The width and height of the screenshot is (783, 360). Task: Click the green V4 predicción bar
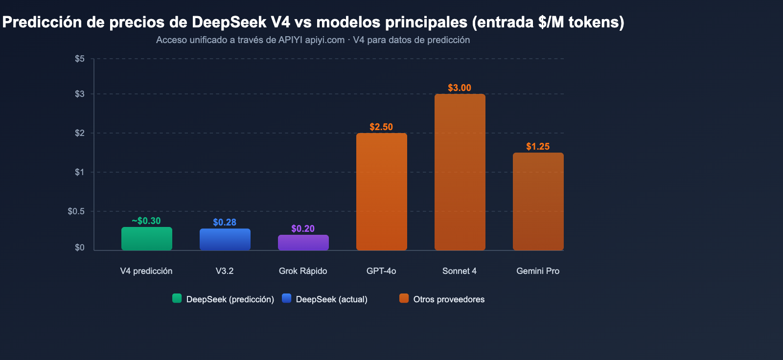(146, 239)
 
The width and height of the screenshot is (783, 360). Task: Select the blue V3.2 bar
(225, 240)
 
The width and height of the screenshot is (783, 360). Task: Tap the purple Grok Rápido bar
(303, 243)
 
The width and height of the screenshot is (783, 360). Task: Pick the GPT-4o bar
(381, 192)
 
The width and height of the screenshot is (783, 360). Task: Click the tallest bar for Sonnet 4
(460, 172)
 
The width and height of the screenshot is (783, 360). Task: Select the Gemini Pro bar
(538, 202)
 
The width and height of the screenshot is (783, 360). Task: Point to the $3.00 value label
(460, 88)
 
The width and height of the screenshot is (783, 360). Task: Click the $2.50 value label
(381, 127)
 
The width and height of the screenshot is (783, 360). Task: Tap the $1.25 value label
(538, 147)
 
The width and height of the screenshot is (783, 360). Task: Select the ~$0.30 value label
(146, 221)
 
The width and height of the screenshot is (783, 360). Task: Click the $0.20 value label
(303, 229)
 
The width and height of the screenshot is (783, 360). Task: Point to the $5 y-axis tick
(80, 59)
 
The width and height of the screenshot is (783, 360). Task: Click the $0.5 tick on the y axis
(76, 211)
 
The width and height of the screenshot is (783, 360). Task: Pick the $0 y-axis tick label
(80, 247)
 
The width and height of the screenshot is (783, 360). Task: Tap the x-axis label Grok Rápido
(303, 271)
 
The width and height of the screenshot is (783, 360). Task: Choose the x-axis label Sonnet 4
(460, 271)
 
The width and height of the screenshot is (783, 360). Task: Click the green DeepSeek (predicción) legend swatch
(177, 298)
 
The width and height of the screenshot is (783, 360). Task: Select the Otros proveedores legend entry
(448, 299)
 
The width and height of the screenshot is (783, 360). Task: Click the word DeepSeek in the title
(229, 22)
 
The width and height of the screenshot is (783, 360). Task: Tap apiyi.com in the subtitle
(324, 40)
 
